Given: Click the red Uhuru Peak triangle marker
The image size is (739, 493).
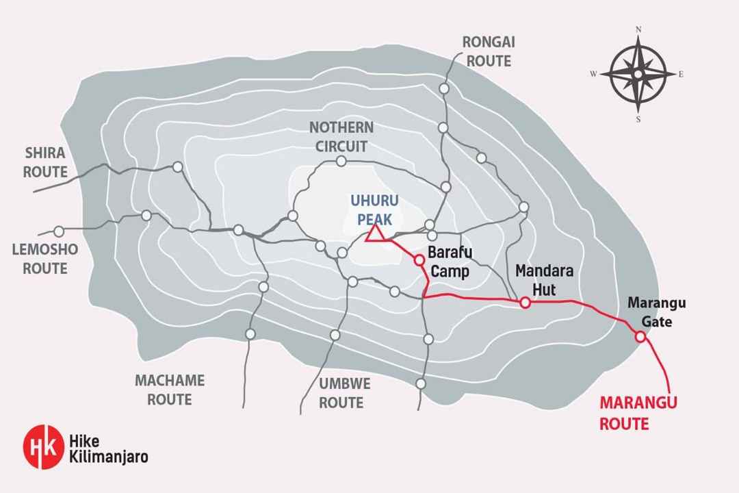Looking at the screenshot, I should coord(374,233).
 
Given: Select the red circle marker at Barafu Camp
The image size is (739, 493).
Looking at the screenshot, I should coord(419,260).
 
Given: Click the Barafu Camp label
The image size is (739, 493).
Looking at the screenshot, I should coord(450,262).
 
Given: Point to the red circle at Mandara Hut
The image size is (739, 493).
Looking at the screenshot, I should coord(525,303).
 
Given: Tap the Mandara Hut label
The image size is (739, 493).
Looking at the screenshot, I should coord(536,279).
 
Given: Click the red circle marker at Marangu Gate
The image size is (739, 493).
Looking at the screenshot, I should coord(640,336).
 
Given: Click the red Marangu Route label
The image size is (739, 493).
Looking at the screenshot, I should coord(638,413).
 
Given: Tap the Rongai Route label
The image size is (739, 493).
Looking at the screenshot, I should coord(489,51).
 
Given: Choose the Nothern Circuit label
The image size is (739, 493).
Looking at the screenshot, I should coord(341,136).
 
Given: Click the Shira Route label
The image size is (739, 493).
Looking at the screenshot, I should coord(45,162).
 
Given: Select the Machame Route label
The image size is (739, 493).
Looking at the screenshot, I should coord(169,390).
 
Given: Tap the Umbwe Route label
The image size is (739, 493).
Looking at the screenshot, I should coord(341,393).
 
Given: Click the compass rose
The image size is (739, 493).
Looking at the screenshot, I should coord(638,74).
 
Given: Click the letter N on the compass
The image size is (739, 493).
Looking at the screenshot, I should coord(638,30).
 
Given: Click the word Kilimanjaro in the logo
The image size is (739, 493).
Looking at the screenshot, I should coord(108,456).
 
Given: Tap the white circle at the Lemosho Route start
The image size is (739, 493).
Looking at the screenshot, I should coord(59,231).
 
